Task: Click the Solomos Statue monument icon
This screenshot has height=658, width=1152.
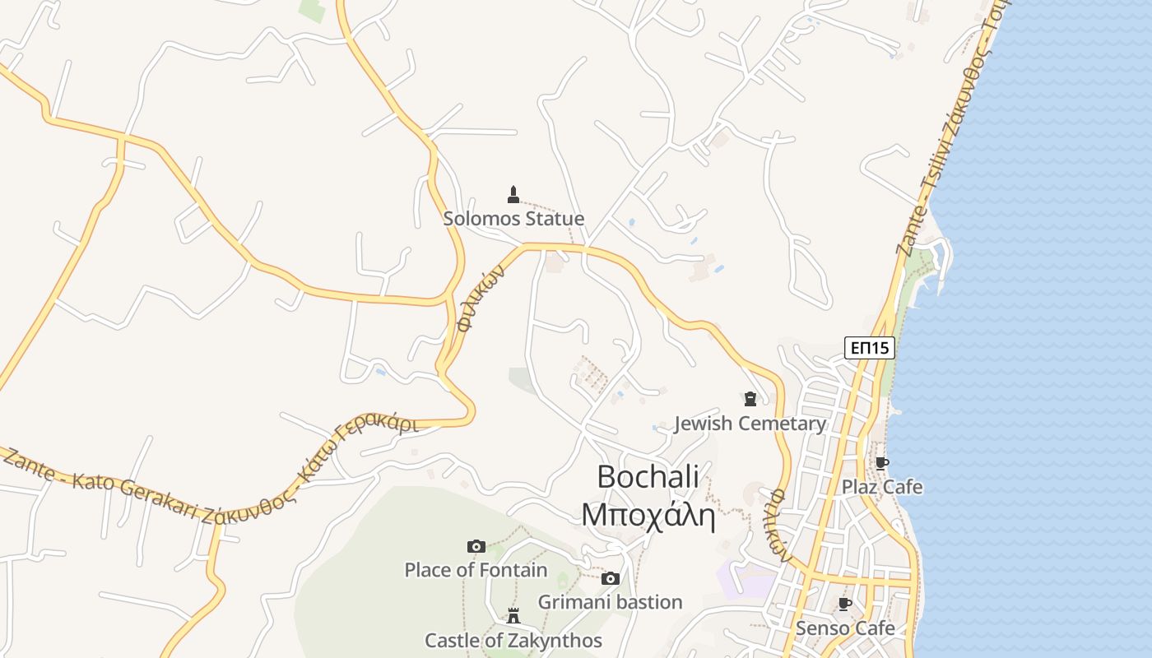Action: (x=513, y=195)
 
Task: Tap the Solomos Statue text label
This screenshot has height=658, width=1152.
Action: (x=513, y=219)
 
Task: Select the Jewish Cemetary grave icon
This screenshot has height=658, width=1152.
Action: (x=750, y=399)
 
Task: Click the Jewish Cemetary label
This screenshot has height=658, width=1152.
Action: (x=750, y=424)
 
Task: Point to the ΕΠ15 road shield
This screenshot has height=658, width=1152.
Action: (x=870, y=348)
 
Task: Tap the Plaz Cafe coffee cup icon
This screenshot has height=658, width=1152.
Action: (x=881, y=463)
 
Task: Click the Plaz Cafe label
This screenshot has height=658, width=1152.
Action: (x=881, y=487)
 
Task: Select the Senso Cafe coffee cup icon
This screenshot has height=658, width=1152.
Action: (x=844, y=605)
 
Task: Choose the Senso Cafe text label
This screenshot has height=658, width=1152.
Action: (x=844, y=628)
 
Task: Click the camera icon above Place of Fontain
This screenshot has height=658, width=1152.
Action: (x=476, y=546)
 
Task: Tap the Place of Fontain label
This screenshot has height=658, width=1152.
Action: (x=476, y=570)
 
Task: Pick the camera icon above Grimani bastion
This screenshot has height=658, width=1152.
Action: (x=610, y=579)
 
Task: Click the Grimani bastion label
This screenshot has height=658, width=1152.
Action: (x=610, y=602)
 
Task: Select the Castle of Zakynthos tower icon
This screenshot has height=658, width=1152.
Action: (x=513, y=616)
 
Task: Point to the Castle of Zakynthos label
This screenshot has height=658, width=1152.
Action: (x=513, y=640)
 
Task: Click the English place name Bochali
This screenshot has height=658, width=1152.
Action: (x=648, y=476)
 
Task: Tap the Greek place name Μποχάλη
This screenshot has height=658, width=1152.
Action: (x=648, y=515)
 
